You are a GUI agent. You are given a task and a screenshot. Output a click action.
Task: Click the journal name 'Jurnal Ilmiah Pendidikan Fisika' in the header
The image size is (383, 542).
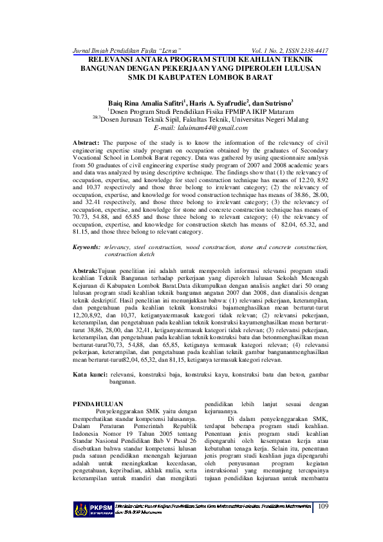111,50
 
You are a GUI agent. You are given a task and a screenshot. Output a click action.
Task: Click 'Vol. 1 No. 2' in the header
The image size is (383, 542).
247,50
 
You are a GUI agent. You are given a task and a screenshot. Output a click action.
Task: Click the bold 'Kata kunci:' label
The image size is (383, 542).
89,374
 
